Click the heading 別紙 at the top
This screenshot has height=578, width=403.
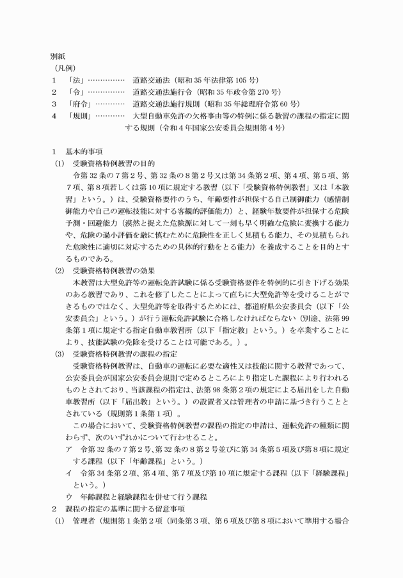click(60, 56)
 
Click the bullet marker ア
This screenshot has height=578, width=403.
click(68, 450)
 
